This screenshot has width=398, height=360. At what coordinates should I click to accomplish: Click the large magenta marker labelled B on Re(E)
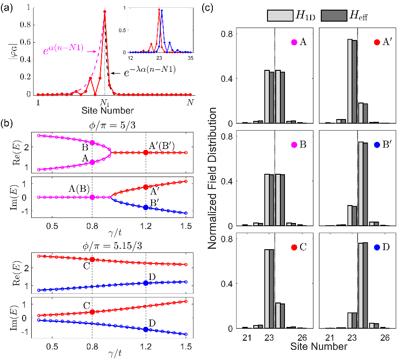click(x=92, y=143)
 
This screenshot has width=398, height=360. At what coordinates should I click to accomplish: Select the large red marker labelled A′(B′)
click(x=146, y=152)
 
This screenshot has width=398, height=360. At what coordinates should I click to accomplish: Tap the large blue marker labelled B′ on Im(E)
click(x=146, y=207)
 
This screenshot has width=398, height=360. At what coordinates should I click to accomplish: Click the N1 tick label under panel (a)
click(x=105, y=102)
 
